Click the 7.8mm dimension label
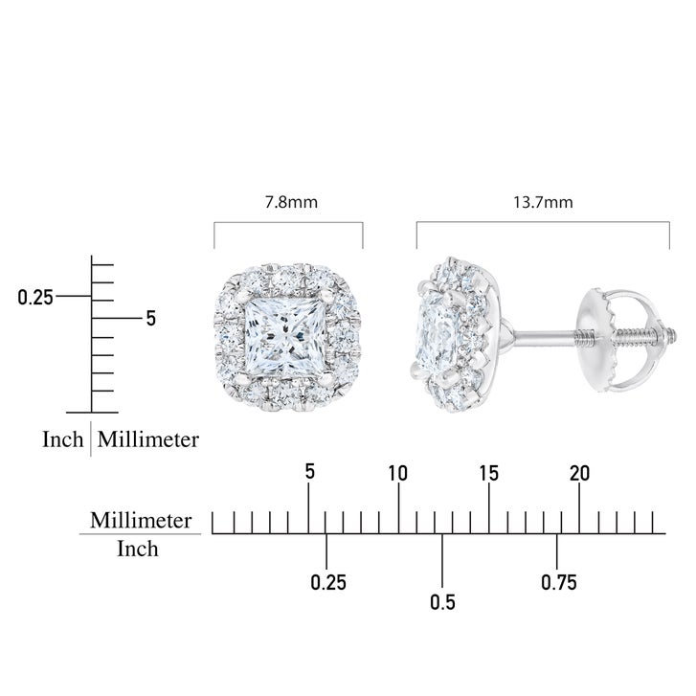pos(291,202)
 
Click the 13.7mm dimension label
pos(543,202)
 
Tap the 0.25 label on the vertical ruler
pos(35,297)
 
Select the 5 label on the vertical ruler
pos(151,319)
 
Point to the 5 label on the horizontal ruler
pos(310,471)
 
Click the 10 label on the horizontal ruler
pos(397,474)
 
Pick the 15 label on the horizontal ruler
pos(488,474)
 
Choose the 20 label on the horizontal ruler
pos(580,474)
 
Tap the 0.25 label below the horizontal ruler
pos(328,582)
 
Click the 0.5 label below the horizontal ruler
pos(442,602)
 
